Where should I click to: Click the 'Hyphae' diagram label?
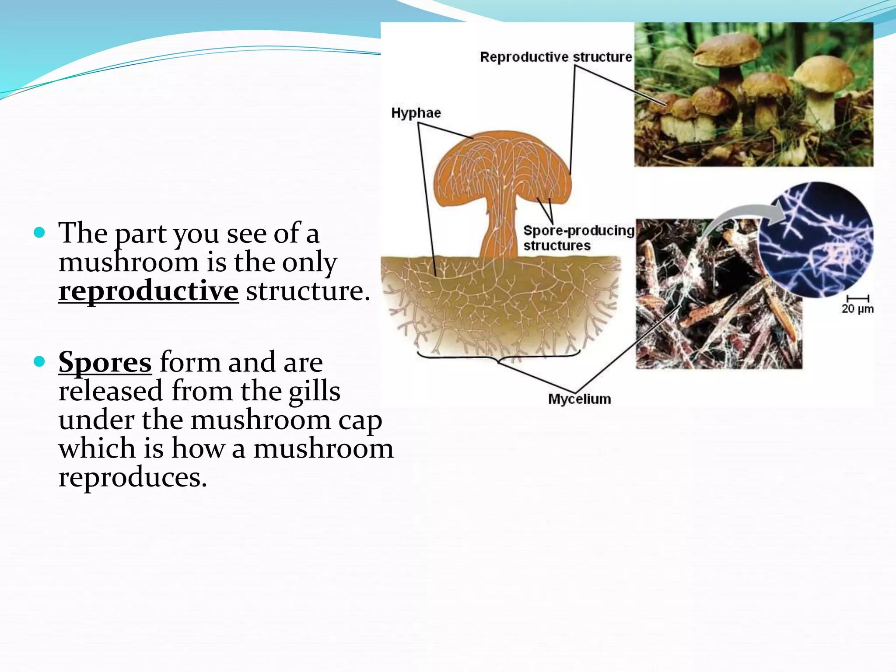(416, 113)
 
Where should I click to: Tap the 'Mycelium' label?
(579, 399)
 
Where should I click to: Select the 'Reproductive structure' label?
(556, 57)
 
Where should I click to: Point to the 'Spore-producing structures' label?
(578, 238)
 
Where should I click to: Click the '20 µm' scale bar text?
(857, 309)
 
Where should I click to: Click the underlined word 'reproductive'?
(148, 291)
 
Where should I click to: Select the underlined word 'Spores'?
(105, 362)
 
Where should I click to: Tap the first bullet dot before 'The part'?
(39, 232)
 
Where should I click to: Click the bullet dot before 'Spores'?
(39, 361)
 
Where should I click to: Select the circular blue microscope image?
(816, 241)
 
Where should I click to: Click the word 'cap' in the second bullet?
(360, 420)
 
